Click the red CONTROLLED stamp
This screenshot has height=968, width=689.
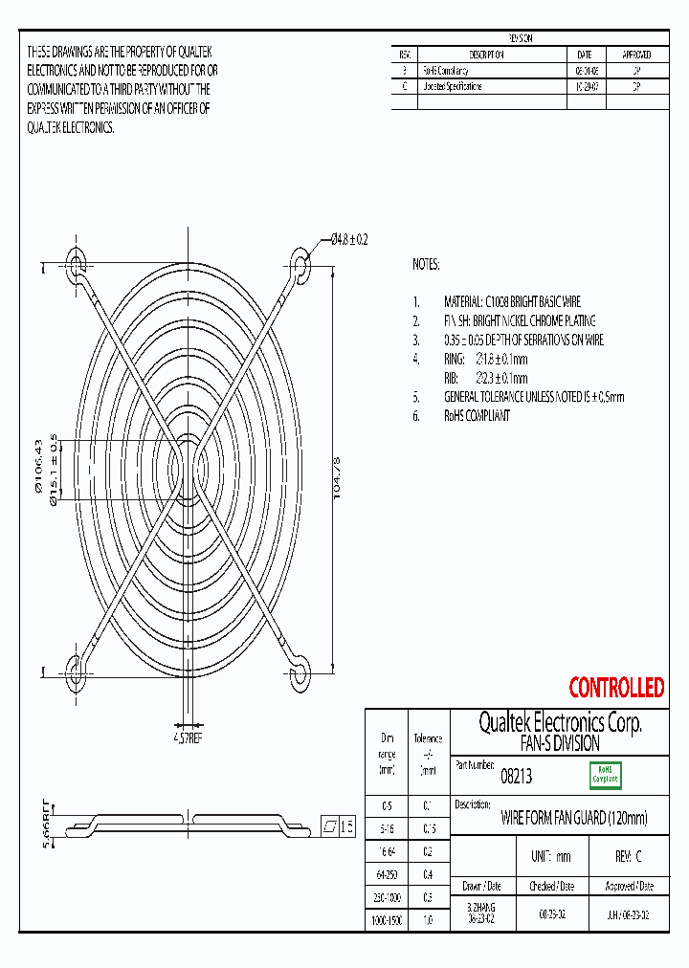[616, 688]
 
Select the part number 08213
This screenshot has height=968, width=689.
[517, 779]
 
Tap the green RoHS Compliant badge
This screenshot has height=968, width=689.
[604, 774]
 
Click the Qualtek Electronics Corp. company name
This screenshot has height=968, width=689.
[560, 723]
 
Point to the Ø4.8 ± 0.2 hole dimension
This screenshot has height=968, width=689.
[349, 239]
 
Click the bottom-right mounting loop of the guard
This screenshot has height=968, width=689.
[300, 672]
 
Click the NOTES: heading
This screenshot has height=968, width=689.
[426, 264]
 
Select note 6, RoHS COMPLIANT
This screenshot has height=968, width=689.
[477, 416]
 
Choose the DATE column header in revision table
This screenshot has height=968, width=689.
[585, 55]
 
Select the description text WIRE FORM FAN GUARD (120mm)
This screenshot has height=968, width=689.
[574, 818]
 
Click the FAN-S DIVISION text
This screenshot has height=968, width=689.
[560, 743]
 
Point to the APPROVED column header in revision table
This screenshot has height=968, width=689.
[636, 55]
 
